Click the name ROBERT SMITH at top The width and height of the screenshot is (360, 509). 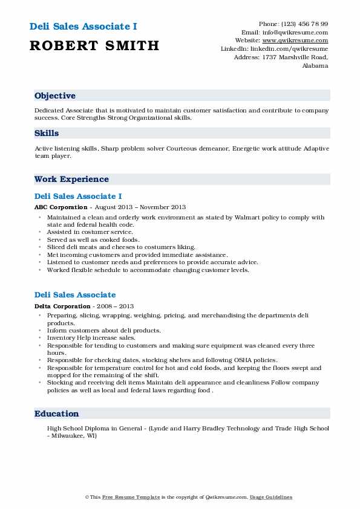point(94,45)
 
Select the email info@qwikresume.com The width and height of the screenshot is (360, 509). point(300,32)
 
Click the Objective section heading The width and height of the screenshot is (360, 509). point(55,96)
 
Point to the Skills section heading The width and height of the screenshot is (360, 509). point(47,134)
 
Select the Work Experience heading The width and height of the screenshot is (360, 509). point(71,180)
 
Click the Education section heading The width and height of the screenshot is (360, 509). point(57,414)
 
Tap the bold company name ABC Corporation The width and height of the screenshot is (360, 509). point(59,207)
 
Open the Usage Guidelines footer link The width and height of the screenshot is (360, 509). point(272,497)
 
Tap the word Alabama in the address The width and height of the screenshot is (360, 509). point(315,66)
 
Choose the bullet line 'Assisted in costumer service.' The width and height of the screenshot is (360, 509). point(90,232)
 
